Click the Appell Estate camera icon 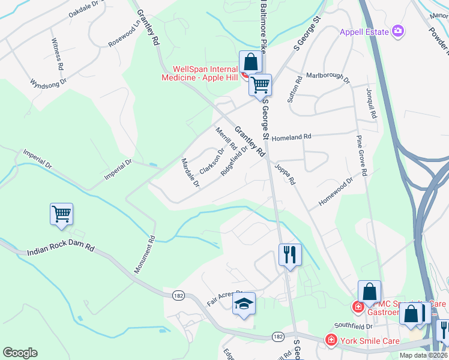click(397, 31)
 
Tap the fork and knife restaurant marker click(290, 255)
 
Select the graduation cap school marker click(244, 304)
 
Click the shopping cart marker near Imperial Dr click(61, 214)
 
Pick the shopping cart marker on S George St click(261, 85)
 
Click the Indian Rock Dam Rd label click(61, 249)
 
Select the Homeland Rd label click(291, 137)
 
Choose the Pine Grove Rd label click(361, 155)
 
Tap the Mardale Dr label click(190, 173)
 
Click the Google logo click(20, 353)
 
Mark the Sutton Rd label click(295, 89)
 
